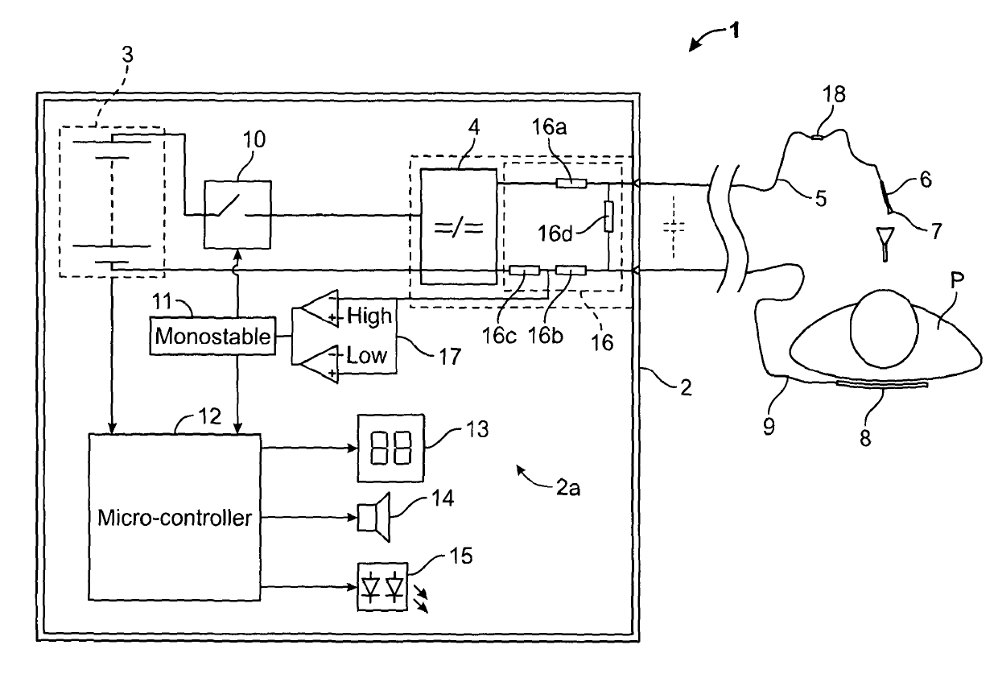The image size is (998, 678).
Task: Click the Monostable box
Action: [x=212, y=336]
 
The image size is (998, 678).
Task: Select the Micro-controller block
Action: [x=174, y=517]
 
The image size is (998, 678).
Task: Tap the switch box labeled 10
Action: [x=237, y=214]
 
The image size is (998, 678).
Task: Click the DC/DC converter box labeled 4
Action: [x=459, y=226]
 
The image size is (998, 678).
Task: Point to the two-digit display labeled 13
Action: [x=390, y=448]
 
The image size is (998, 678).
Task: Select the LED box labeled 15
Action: [x=382, y=587]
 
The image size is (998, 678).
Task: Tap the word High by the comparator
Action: [x=369, y=316]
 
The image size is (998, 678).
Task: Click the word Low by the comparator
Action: [x=366, y=355]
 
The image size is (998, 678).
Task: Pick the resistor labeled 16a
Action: [x=571, y=184]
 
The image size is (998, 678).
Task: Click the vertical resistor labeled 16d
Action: [x=608, y=216]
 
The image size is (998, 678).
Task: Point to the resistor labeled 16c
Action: [x=525, y=270]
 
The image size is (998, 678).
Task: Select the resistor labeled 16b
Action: [x=571, y=270]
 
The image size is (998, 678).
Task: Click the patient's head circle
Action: [x=884, y=329]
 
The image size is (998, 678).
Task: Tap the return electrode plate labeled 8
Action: [x=882, y=384]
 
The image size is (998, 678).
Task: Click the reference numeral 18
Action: [x=834, y=94]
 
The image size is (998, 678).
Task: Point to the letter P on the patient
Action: [x=957, y=280]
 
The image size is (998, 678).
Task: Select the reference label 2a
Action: [x=568, y=488]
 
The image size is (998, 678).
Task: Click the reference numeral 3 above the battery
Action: [x=127, y=55]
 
